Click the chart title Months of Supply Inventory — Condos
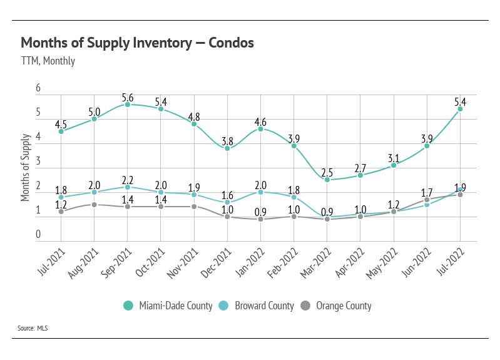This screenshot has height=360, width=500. (137, 43)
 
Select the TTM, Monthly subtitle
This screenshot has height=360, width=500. (48, 61)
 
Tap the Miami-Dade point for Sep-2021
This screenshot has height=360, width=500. (128, 105)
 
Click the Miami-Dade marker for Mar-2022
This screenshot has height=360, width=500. (327, 180)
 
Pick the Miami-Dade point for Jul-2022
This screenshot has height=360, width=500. (461, 109)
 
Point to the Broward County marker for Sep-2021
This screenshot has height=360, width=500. (128, 187)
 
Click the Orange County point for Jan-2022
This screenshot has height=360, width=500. (261, 219)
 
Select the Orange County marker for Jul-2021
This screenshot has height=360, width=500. (61, 212)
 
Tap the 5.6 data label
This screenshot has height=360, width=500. (128, 97)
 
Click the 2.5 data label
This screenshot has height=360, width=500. (327, 172)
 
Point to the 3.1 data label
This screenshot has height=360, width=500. (394, 157)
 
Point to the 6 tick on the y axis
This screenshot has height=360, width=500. (38, 88)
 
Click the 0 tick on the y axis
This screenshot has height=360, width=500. (38, 235)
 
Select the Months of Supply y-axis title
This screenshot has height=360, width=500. (26, 167)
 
